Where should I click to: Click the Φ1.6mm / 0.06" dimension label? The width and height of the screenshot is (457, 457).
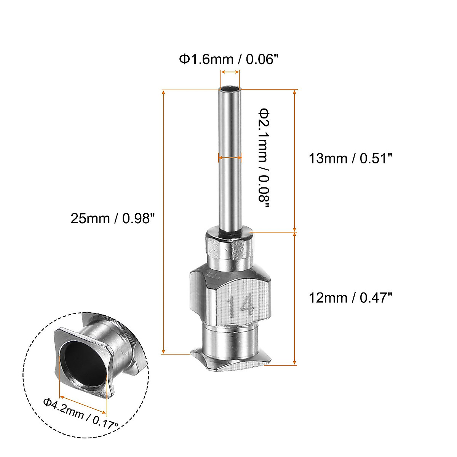coord(229,59)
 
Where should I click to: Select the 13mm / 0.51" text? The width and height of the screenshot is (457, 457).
coord(350,158)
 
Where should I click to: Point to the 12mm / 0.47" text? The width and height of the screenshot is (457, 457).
coord(350,297)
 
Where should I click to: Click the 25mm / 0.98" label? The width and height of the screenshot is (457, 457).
coord(113,218)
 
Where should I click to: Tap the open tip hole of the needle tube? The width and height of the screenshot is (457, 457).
coord(230,90)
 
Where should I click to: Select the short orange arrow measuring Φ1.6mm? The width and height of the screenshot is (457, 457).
coord(230,72)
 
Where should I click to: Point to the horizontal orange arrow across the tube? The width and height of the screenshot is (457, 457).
coord(230,157)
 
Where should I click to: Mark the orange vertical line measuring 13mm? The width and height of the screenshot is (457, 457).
coord(295,160)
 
